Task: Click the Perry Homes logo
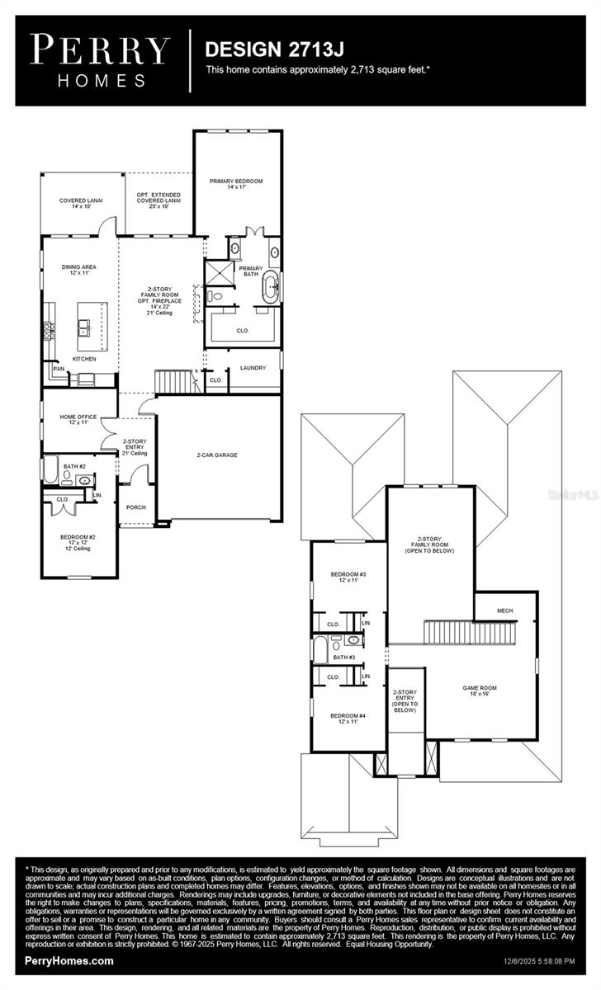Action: (101, 59)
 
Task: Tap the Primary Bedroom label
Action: (236, 184)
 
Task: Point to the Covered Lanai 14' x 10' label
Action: (80, 203)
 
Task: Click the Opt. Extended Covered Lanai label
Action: (159, 200)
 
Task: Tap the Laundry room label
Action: (253, 367)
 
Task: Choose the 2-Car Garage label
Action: (218, 455)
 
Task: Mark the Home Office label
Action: (78, 420)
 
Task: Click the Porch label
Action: (135, 507)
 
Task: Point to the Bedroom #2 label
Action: (78, 540)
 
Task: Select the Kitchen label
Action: (83, 359)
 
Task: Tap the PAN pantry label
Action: (59, 369)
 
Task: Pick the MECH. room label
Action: (505, 610)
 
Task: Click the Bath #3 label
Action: (344, 658)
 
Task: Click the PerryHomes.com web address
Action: (69, 961)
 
